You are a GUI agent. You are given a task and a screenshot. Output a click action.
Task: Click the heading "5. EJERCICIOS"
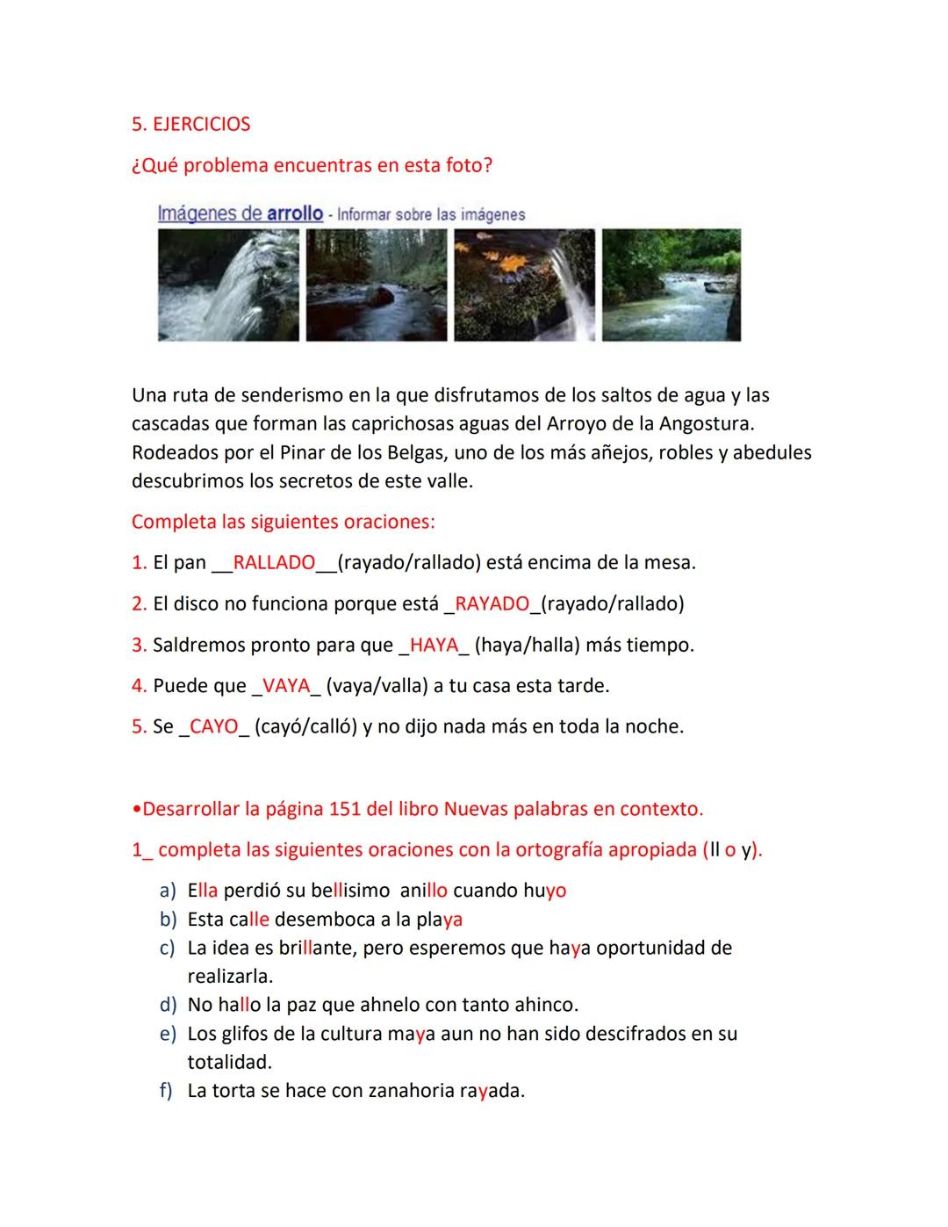tap(190, 124)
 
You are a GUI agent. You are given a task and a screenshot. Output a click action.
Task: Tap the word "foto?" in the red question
tap(470, 165)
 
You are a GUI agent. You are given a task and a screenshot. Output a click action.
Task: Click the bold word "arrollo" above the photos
tap(295, 213)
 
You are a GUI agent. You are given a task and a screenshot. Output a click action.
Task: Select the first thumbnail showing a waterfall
tap(228, 285)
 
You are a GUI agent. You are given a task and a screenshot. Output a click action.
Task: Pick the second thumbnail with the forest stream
tap(377, 285)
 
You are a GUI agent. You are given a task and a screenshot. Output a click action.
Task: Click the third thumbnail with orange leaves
tap(524, 285)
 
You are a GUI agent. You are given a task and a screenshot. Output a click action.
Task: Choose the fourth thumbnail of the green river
tap(671, 285)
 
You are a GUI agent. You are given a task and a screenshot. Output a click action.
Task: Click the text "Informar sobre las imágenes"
tap(431, 214)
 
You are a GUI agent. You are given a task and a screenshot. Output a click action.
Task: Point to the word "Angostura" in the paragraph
tap(707, 424)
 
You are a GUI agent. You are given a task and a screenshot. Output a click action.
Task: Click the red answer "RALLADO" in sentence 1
tap(274, 562)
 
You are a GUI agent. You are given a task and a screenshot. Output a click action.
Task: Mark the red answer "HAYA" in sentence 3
tap(434, 645)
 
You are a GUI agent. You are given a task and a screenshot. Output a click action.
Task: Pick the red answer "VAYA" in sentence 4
tap(287, 685)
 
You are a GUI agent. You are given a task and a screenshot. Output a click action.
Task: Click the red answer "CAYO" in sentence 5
tap(213, 726)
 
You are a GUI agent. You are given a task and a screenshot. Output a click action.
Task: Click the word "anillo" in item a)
tap(424, 891)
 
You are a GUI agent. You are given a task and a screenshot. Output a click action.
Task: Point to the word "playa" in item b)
tap(439, 920)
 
